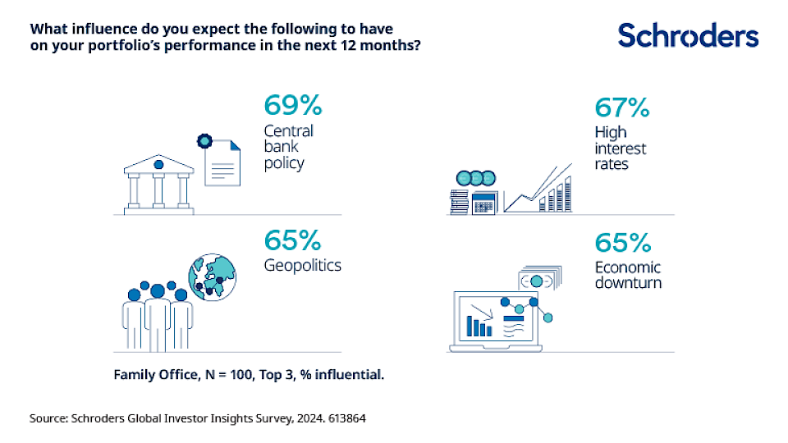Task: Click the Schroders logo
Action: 688,35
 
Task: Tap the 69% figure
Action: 293,106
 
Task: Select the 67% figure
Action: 621,107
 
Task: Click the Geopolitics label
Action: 302,266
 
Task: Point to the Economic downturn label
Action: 629,276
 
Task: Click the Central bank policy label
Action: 288,147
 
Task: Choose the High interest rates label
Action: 621,148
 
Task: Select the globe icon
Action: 211,276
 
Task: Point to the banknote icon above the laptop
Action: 538,280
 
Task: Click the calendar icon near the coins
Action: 486,201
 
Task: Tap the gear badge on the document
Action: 204,143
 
